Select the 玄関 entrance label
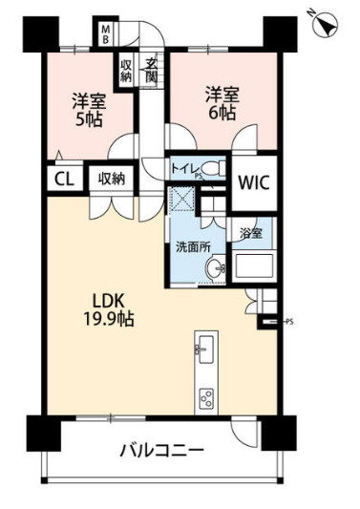coord(151,71)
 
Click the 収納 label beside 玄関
coord(126,72)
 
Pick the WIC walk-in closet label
coord(254,178)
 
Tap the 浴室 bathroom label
coord(251,232)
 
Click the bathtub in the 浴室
coord(253,265)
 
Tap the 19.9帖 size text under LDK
coord(108,320)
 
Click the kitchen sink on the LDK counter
coord(205,345)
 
